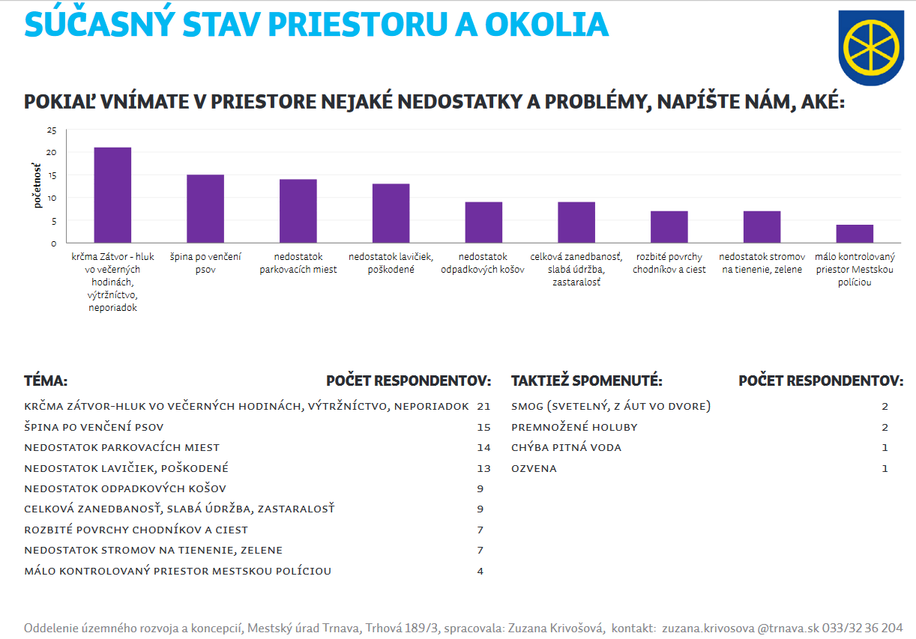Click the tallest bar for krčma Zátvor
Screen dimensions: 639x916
[112, 195]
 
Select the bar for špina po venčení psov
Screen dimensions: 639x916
[205, 209]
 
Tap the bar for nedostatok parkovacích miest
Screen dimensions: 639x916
[298, 211]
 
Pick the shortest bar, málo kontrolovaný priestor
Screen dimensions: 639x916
[855, 234]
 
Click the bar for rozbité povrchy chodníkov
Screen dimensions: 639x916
[669, 227]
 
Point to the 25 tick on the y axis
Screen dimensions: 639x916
[52, 130]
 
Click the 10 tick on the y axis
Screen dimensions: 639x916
[52, 199]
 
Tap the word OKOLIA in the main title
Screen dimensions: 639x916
[546, 25]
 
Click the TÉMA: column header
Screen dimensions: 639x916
[46, 381]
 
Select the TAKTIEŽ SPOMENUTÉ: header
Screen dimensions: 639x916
[586, 381]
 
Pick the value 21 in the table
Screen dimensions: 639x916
[483, 406]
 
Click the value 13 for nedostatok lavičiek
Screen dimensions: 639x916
[483, 468]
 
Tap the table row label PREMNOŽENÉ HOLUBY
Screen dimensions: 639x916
[574, 427]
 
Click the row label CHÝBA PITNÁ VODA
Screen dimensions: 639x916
[566, 448]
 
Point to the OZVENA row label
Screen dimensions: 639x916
[534, 468]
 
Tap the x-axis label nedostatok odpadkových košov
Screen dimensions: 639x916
[483, 263]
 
